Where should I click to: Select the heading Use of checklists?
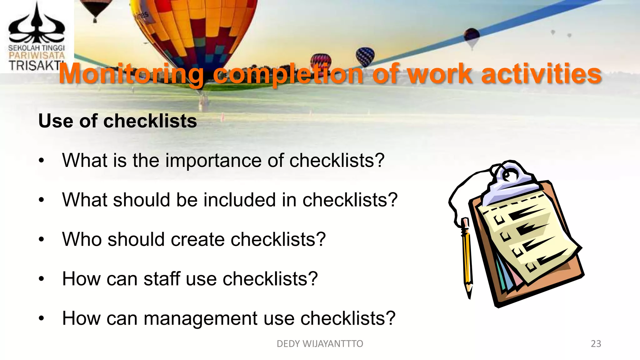(x=117, y=121)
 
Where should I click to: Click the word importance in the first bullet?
(x=213, y=160)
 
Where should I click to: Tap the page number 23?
(x=596, y=344)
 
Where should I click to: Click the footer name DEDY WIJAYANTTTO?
(x=320, y=344)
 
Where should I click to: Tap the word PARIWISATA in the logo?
(x=37, y=56)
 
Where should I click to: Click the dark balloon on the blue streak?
(x=472, y=37)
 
